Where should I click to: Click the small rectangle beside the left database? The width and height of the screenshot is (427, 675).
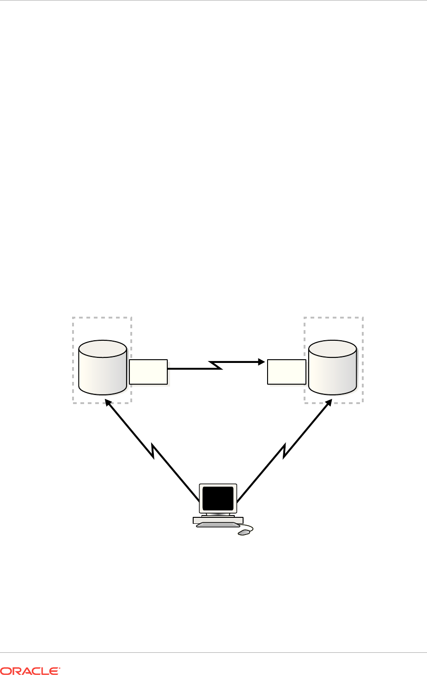(x=148, y=372)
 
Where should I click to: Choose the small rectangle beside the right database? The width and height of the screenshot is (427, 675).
(x=287, y=372)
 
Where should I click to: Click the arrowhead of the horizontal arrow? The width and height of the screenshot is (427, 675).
(x=262, y=361)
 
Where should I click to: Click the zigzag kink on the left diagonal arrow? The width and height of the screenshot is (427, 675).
(x=152, y=451)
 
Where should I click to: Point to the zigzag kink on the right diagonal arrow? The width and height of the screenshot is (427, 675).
(x=283, y=451)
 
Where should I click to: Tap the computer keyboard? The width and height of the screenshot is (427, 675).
(x=218, y=524)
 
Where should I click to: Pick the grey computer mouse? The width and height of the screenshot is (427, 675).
(x=244, y=533)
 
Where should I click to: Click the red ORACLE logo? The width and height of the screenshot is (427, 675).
(x=30, y=670)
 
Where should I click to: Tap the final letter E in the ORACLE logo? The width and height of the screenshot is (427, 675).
(x=55, y=670)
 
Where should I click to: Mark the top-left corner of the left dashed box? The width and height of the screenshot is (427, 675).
(x=73, y=318)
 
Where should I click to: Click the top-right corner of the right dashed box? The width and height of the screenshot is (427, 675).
(x=363, y=318)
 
